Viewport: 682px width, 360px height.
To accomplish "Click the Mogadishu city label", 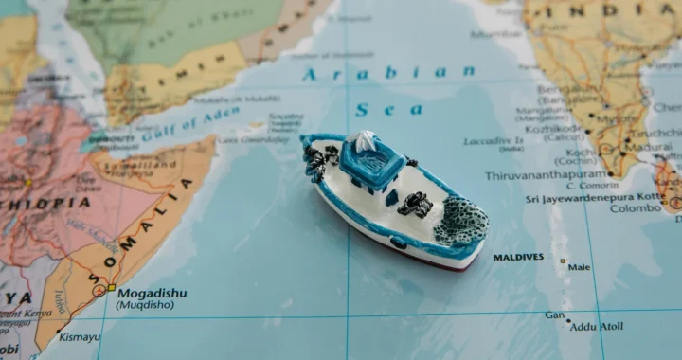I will tap(152, 293).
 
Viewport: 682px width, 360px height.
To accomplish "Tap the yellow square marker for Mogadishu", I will tap(111, 286).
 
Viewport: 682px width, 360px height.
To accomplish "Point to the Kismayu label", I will tap(80, 336).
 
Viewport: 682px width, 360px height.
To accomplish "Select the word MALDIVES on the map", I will tap(518, 257).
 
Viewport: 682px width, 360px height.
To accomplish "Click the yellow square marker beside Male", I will tap(562, 261).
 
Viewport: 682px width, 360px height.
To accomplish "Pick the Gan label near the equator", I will tap(555, 315).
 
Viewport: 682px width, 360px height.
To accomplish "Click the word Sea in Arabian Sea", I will tap(402, 110).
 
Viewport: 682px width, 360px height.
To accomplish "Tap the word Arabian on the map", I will tap(389, 73).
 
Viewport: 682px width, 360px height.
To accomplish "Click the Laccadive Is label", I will tap(494, 141).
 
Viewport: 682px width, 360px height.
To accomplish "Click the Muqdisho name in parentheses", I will tap(144, 305).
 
